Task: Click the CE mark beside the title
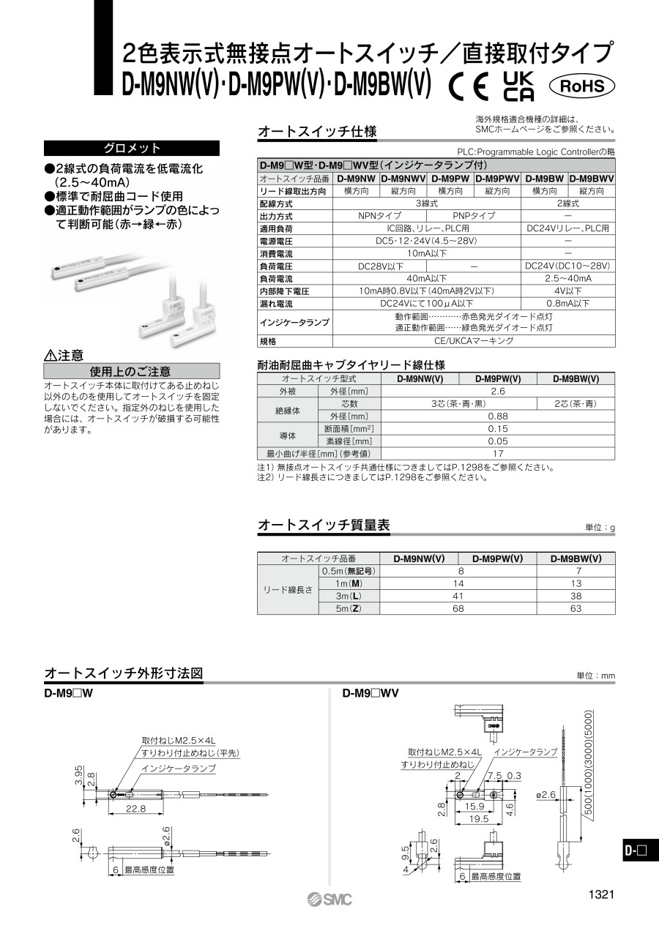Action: tap(469, 87)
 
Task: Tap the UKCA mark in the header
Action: tap(520, 86)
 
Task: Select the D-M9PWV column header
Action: tap(497, 178)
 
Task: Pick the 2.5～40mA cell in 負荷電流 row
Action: tap(568, 278)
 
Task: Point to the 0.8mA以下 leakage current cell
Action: tap(568, 303)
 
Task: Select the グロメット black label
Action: tap(132, 148)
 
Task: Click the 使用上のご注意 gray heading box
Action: tap(132, 371)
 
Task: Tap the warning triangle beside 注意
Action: tap(51, 356)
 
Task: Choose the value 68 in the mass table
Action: tap(461, 608)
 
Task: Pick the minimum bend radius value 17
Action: tap(498, 453)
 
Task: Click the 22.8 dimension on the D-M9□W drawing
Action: tap(136, 809)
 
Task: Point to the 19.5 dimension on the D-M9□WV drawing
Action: tap(480, 819)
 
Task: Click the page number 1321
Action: tap(600, 894)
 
